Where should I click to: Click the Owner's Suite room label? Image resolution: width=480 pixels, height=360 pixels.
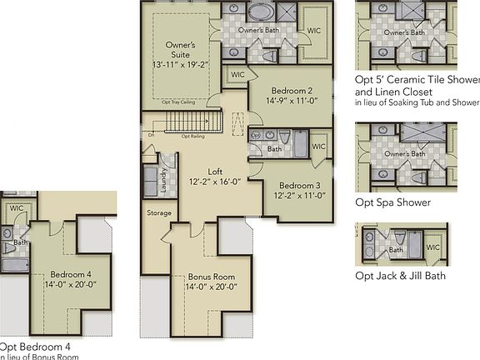pos(181,49)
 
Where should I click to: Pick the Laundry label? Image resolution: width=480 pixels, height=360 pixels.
pos(164,180)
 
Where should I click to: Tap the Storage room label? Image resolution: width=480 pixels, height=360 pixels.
pos(158,213)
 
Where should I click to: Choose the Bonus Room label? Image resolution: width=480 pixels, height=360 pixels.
pos(212,277)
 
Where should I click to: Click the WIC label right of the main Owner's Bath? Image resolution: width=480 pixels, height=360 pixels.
pos(314,31)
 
